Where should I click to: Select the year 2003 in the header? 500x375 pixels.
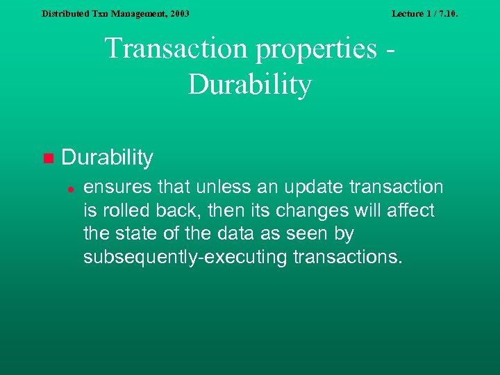tap(179, 13)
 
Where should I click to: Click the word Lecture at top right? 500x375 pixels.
tap(408, 13)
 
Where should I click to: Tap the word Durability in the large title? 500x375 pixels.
tap(250, 85)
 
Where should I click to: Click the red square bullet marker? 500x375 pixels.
tap(47, 158)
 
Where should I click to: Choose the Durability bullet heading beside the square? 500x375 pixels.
tap(107, 158)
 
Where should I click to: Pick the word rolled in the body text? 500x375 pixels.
tap(119, 210)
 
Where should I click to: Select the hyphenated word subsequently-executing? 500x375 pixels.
tap(185, 258)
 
